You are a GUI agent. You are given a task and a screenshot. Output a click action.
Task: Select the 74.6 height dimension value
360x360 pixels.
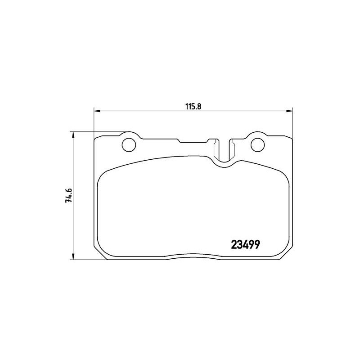[69, 196]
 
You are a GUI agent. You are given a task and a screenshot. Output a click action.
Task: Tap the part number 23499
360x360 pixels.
[246, 245]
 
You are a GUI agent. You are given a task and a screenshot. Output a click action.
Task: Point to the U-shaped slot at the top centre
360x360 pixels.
[224, 151]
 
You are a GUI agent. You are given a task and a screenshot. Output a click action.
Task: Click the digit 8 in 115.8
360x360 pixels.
[198, 106]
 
